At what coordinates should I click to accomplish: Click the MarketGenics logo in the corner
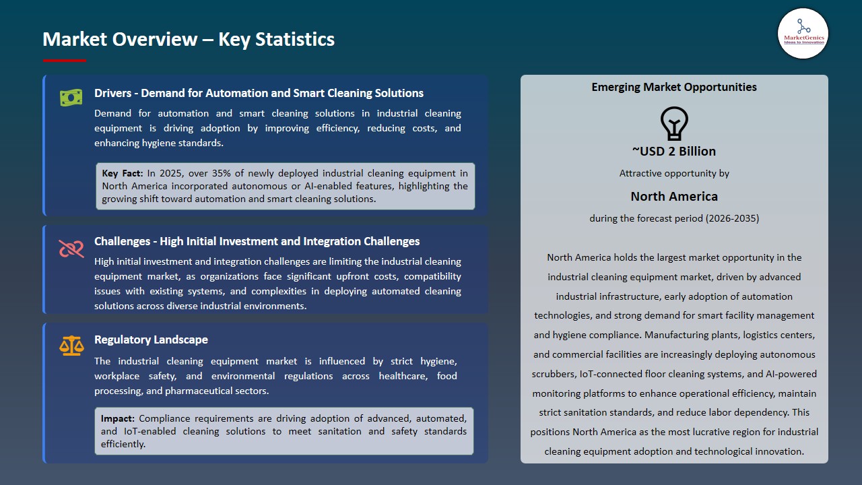pos(803,34)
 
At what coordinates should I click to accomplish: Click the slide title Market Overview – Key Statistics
pos(189,39)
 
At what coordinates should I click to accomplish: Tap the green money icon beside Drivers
pos(71,98)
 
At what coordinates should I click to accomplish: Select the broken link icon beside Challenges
pos(71,249)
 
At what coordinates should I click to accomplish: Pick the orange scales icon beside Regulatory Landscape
pos(71,346)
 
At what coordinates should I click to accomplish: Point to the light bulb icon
pos(674,123)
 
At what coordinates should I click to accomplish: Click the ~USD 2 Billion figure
pos(674,151)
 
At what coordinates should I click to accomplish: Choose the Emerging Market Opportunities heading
pos(674,87)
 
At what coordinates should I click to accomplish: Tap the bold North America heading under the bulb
pos(674,196)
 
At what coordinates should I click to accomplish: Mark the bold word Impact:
pos(118,418)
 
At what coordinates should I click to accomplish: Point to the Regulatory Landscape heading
pos(151,339)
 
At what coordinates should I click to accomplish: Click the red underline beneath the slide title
pos(65,61)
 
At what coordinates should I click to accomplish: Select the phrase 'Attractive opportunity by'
pos(674,173)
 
